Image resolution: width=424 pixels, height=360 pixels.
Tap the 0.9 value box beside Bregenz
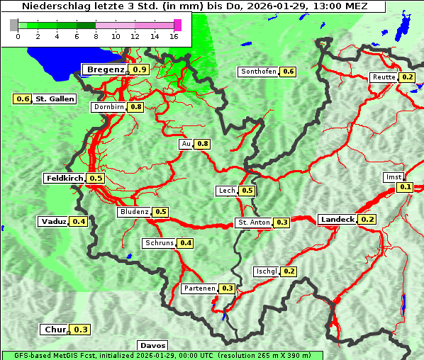[x=140, y=69]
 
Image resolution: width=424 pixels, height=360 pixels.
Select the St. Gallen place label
[x=55, y=99]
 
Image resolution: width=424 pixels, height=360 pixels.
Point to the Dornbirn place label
[x=108, y=107]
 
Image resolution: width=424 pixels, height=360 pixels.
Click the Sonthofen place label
[x=258, y=72]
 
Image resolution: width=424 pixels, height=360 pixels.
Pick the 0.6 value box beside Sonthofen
[x=289, y=72]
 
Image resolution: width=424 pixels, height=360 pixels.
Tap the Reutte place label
[x=383, y=77]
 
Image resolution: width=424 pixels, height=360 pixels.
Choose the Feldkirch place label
[x=65, y=178]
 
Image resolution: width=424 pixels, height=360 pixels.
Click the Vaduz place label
[x=53, y=222]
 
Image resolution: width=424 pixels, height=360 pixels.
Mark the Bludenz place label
[x=134, y=212]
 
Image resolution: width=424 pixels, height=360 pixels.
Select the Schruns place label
[x=158, y=243]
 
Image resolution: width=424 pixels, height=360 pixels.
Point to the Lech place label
[x=226, y=191]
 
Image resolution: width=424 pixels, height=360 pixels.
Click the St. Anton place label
[x=254, y=223]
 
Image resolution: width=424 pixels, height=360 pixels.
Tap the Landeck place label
[x=337, y=220]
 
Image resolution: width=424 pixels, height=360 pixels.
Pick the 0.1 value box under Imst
[x=405, y=187]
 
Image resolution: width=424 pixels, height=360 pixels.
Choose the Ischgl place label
[x=266, y=271]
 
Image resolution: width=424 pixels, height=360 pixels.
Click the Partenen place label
[x=199, y=288]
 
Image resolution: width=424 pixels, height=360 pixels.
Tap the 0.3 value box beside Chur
[x=81, y=330]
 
